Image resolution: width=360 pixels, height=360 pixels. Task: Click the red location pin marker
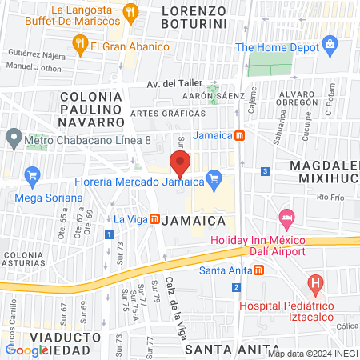point(180,165)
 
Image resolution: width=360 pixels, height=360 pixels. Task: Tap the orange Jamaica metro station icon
point(239,135)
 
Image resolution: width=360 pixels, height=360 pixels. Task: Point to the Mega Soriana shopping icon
point(33,174)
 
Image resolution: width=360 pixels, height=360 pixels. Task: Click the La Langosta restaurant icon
point(133,11)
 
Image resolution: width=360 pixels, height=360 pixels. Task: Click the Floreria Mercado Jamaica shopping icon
point(213,178)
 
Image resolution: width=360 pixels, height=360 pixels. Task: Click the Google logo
point(27,350)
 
